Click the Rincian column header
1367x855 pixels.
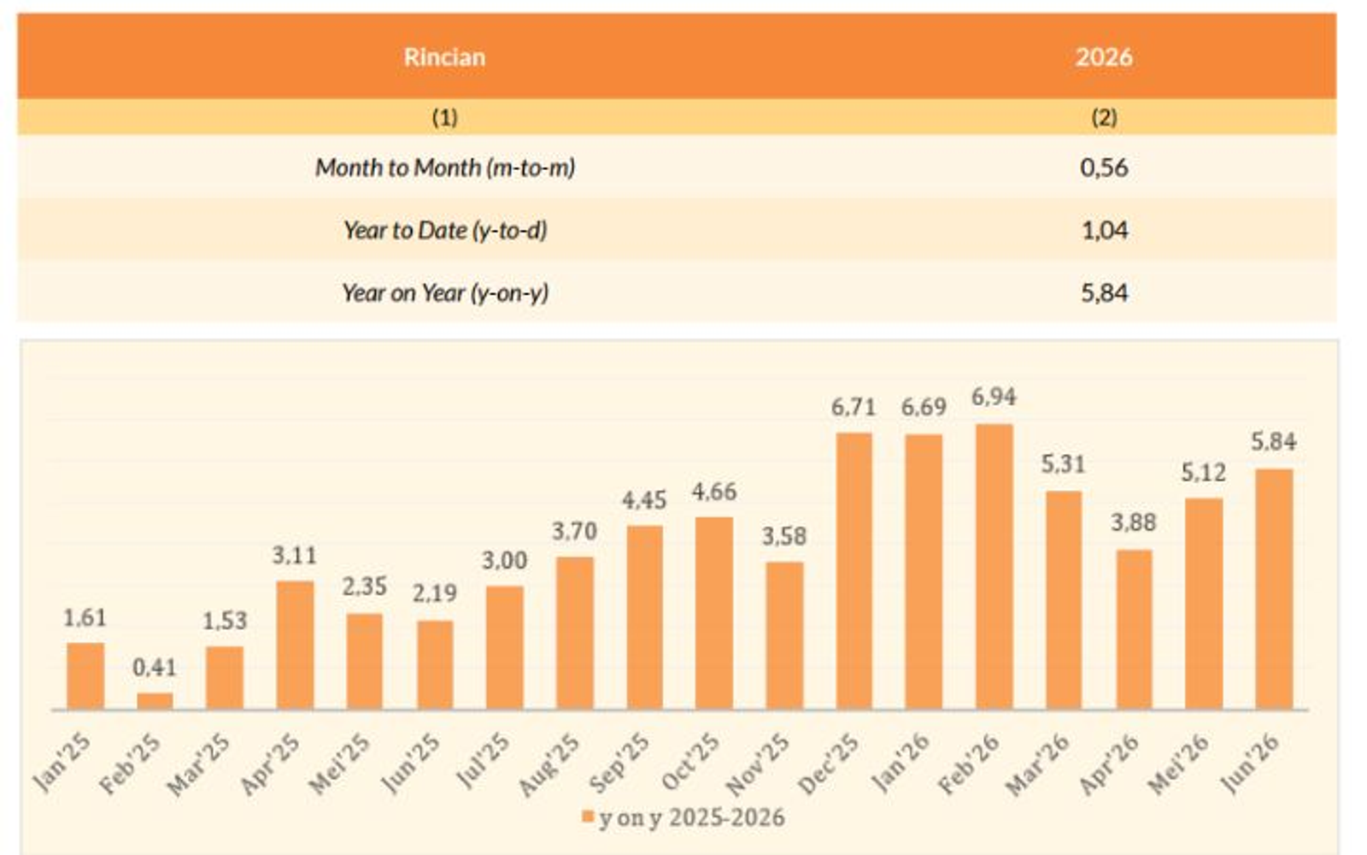tap(444, 56)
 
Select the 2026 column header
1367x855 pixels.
tap(1103, 56)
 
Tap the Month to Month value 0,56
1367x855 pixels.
tap(1104, 168)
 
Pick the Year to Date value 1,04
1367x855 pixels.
tap(1105, 230)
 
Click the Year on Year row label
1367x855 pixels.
tap(445, 292)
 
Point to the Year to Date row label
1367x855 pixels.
tap(445, 230)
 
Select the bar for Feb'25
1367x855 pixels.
tap(155, 701)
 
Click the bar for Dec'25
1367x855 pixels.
tap(854, 572)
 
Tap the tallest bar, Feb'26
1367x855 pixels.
tap(994, 567)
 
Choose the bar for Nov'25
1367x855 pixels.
tap(784, 636)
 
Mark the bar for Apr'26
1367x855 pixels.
tap(1135, 629)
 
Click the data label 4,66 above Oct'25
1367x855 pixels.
tap(714, 492)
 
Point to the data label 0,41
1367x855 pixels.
tap(155, 668)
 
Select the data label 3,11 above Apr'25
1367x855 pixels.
tap(294, 556)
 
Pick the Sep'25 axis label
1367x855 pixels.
tap(620, 762)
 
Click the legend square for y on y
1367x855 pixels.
tap(588, 817)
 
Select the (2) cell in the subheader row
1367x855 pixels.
tap(1104, 117)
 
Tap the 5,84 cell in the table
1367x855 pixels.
tap(1105, 293)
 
